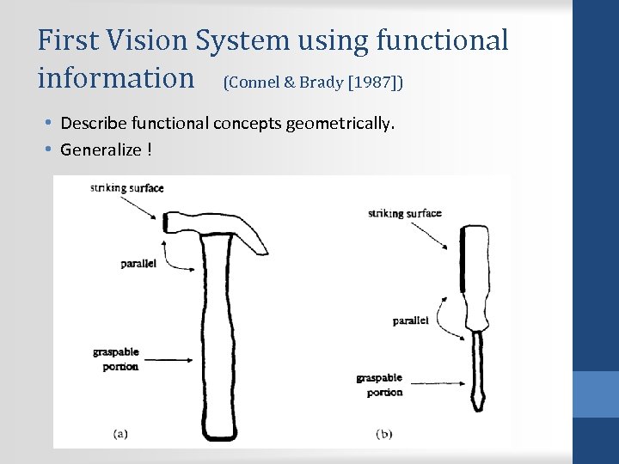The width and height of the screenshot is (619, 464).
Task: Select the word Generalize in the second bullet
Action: pos(101,150)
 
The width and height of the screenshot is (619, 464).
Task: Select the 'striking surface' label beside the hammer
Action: pos(126,187)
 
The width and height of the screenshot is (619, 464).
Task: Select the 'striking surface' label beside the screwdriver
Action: pos(404,213)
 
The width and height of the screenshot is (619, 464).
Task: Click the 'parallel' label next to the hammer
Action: pos(138,264)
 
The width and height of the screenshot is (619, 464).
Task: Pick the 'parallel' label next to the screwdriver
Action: pos(411,321)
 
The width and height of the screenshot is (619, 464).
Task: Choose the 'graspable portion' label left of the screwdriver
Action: pos(379,385)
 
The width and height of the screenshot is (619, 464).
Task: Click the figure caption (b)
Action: pos(384,434)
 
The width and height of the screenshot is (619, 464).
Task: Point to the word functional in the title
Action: pos(444,40)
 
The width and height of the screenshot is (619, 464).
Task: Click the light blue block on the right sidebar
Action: pos(596,394)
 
